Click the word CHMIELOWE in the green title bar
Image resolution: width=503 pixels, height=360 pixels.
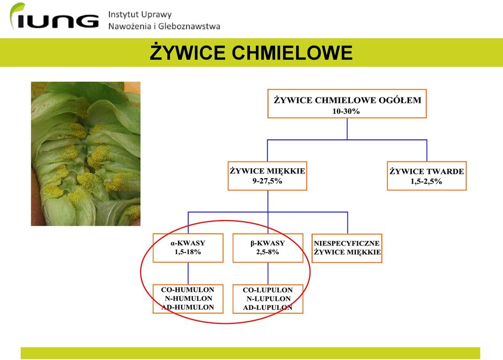(x=292, y=52)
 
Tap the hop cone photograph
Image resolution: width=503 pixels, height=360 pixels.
(x=85, y=154)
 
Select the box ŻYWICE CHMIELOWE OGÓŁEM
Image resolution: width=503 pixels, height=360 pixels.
(x=347, y=104)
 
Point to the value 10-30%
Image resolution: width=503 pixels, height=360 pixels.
(x=346, y=111)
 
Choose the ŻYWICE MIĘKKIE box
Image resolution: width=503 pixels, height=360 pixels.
(x=268, y=176)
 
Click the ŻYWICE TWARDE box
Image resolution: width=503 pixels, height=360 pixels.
(x=427, y=176)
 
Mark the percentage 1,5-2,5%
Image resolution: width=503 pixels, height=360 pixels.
(x=427, y=181)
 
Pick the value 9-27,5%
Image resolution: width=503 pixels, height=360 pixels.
(x=267, y=181)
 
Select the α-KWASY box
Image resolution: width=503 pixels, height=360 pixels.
(x=188, y=248)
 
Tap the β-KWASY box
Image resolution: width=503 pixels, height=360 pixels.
(x=268, y=248)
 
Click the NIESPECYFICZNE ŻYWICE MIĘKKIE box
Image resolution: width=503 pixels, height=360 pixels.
(x=347, y=248)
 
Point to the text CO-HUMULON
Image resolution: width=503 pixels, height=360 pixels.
(x=188, y=290)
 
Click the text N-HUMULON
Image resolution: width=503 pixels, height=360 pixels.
(x=189, y=298)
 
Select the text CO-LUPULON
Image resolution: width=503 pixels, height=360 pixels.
(x=268, y=290)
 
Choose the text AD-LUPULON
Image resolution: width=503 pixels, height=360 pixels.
(x=268, y=308)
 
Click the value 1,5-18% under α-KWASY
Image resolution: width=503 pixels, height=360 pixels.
(x=188, y=252)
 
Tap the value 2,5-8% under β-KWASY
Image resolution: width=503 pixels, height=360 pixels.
(x=268, y=252)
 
